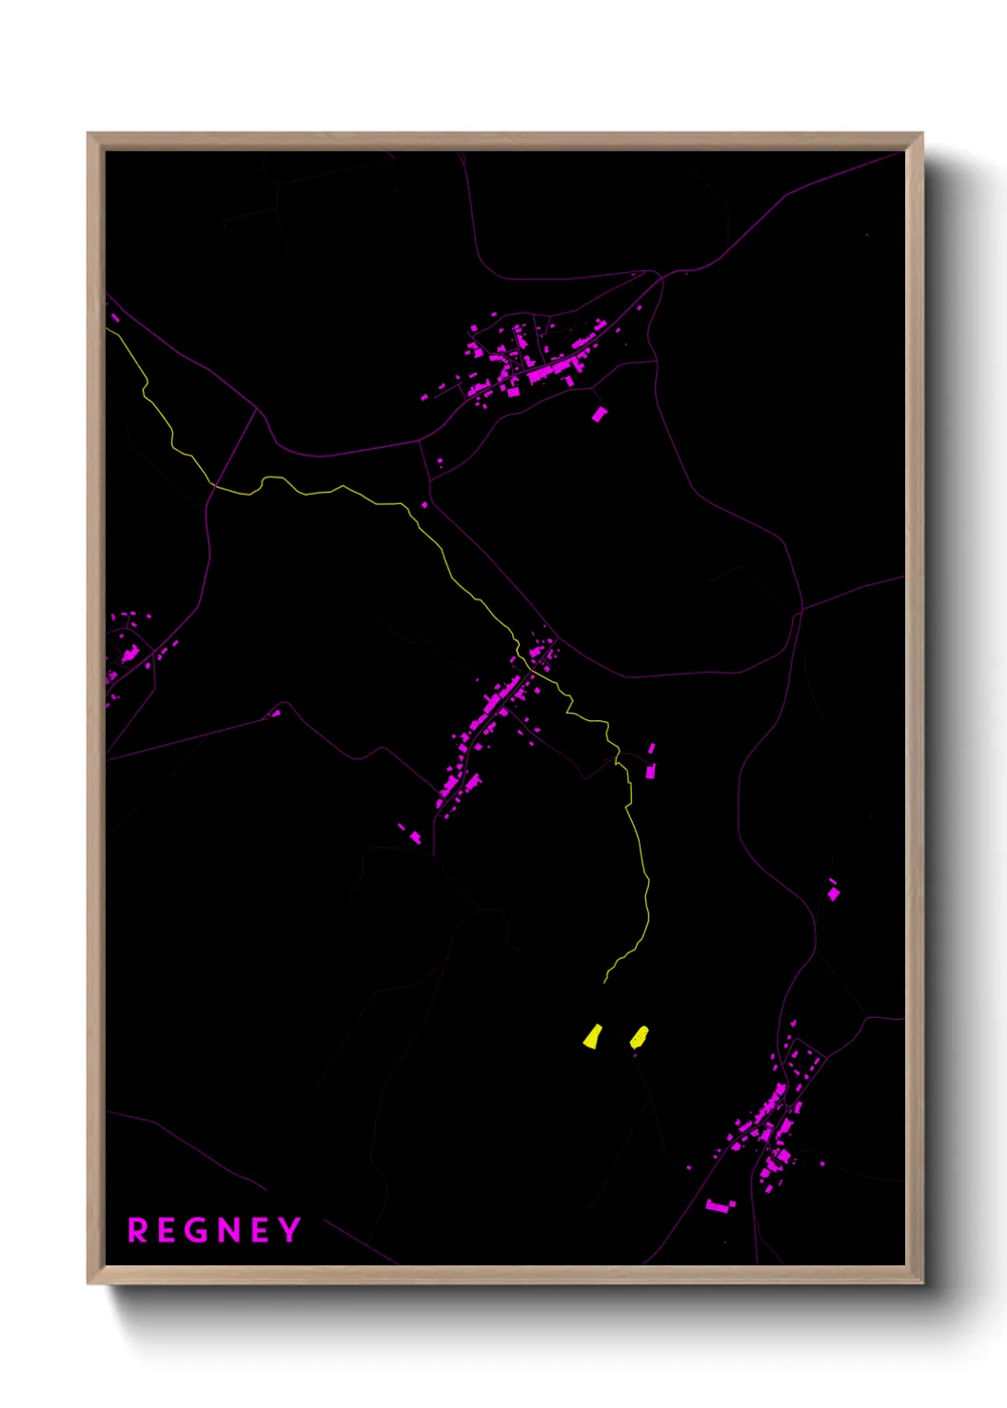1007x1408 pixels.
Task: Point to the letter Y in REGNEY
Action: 289,1231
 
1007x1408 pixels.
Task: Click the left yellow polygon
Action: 592,1036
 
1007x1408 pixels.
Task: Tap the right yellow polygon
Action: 639,1037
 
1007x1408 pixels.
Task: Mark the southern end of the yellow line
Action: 605,982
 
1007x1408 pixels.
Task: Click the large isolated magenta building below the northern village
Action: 599,414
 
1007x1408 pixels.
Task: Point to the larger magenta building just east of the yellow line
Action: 651,770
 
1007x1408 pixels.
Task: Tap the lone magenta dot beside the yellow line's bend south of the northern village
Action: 425,505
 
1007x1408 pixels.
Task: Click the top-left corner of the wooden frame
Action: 89,134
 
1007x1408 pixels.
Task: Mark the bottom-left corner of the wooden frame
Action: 89,1282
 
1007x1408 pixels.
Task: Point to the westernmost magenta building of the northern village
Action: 425,398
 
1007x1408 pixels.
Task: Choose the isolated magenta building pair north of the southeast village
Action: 834,892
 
